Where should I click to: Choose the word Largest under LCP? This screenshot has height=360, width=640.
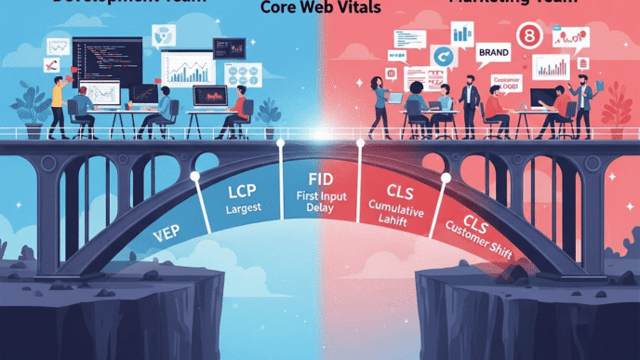[x=244, y=210]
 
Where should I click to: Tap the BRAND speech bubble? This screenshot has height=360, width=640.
[x=493, y=53]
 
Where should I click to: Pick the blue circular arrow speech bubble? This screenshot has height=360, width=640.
[x=442, y=59]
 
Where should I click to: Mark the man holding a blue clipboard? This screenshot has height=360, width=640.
[x=583, y=99]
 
